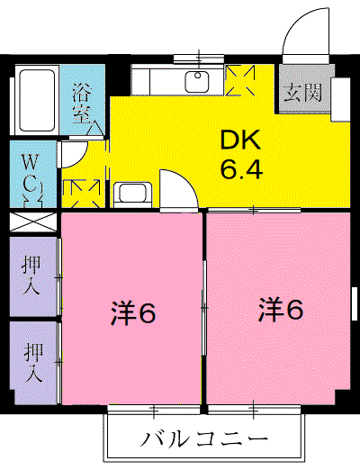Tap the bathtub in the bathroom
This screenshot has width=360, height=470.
(37, 101)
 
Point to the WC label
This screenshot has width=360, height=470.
(31, 175)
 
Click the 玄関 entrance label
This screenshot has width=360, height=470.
(302, 93)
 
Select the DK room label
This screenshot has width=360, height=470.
(240, 140)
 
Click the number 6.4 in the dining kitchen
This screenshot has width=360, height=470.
(241, 168)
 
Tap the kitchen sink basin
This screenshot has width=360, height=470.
(197, 82)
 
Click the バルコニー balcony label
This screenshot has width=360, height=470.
(204, 439)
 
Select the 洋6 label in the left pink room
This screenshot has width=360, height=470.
(133, 314)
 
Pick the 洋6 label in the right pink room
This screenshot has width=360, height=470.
(281, 310)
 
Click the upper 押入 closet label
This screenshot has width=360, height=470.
(31, 276)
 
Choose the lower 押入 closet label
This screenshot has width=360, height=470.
(33, 362)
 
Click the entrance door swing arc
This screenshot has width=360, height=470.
(296, 21)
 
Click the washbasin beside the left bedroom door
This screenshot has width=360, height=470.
(132, 193)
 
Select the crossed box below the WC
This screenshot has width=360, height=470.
(33, 222)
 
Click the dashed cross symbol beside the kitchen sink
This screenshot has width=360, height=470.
(240, 80)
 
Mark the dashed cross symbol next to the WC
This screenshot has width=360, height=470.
(81, 194)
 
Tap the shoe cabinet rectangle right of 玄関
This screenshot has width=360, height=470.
(340, 100)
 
